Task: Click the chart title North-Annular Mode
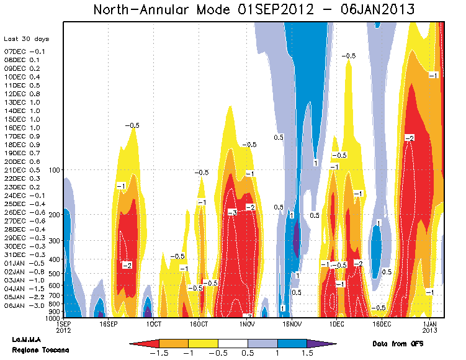(x=254, y=10)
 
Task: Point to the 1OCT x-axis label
(x=153, y=324)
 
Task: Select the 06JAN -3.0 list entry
(x=22, y=305)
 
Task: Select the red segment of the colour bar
(x=145, y=343)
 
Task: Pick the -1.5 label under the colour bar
(x=159, y=354)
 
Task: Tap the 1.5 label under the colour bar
(x=307, y=354)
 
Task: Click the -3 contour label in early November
(x=232, y=212)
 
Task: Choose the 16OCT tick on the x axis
(x=199, y=324)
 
